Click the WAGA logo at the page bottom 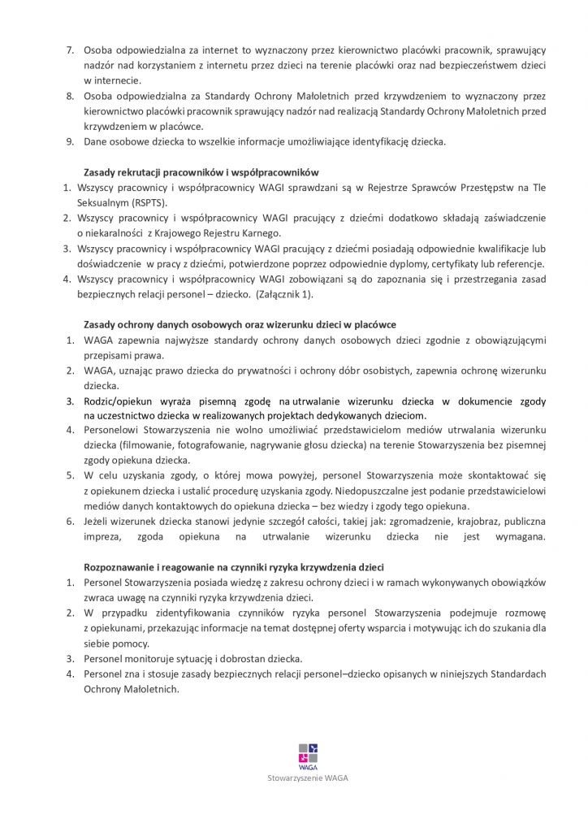click(x=308, y=754)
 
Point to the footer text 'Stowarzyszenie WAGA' click(x=308, y=778)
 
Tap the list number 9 click(x=70, y=142)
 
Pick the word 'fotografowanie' click(x=221, y=447)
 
